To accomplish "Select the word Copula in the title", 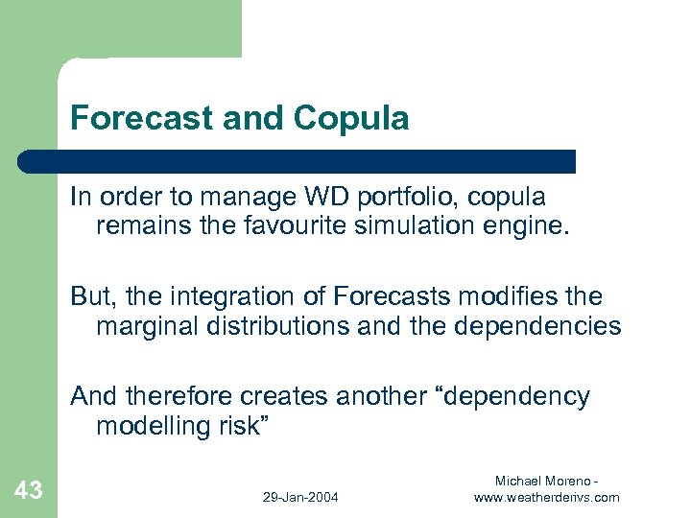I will (x=352, y=118).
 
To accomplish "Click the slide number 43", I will (x=29, y=491).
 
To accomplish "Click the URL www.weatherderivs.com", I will (x=547, y=497).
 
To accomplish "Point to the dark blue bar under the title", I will (x=298, y=161).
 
